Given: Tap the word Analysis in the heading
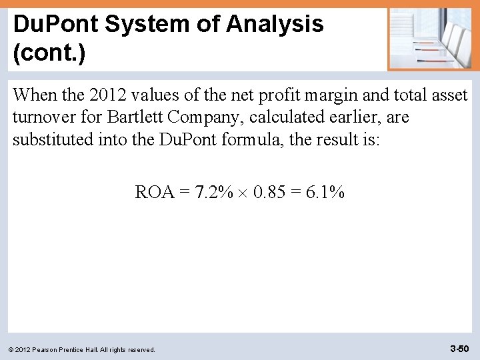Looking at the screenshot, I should pos(275,25).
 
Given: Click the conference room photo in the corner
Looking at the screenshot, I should pos(430,38).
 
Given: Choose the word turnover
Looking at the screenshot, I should pos(43,117).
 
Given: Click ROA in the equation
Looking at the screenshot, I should pos(155,193).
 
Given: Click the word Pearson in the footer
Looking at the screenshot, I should pos(51,349).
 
